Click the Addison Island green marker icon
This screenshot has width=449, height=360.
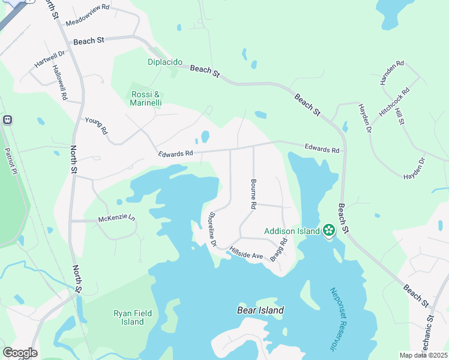328,230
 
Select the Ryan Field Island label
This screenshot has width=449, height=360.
129,317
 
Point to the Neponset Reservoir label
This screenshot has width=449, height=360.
339,319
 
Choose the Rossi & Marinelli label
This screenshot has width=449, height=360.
145,98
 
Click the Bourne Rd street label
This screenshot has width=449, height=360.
254,194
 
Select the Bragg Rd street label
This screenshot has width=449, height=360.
279,249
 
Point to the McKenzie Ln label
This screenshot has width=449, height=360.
116,220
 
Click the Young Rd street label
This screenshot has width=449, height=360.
96,125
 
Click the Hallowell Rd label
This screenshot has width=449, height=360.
61,82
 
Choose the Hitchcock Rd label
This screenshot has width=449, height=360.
394,102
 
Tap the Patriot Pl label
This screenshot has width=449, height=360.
9,160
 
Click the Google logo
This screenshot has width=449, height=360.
20,352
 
